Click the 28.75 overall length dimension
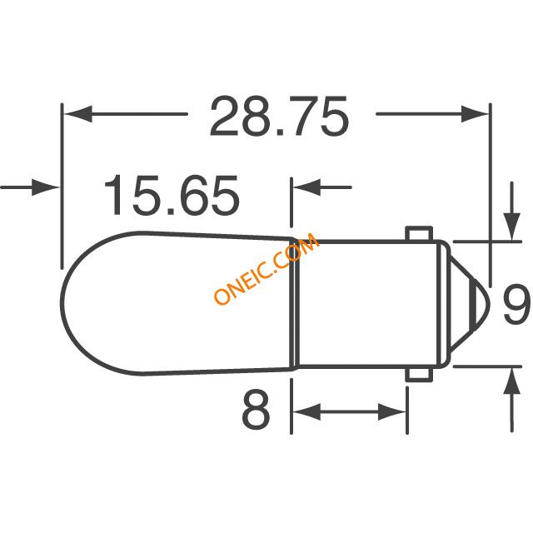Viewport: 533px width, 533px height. (x=280, y=116)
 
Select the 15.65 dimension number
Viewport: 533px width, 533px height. (x=172, y=195)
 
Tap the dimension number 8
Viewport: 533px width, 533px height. (x=256, y=410)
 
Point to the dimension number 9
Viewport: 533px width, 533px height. (x=516, y=304)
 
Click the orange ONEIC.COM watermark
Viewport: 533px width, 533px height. (x=266, y=268)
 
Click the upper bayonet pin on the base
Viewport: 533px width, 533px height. (x=420, y=233)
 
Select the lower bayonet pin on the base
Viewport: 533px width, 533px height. (x=420, y=375)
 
